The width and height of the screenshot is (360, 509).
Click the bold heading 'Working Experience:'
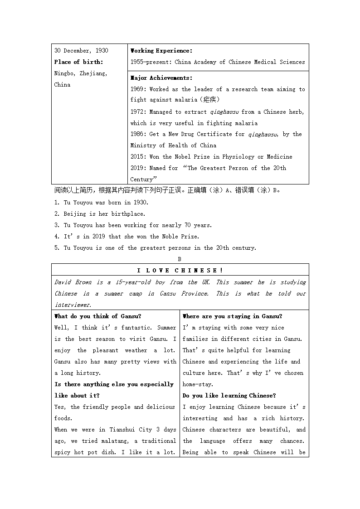pyautogui.click(x=161, y=51)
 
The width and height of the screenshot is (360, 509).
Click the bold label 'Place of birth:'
pyautogui.click(x=78, y=62)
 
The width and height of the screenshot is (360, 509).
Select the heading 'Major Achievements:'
pyautogui.click(x=161, y=78)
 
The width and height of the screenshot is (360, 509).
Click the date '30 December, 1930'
pyautogui.click(x=81, y=51)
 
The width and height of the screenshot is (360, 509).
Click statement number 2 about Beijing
pyautogui.click(x=100, y=214)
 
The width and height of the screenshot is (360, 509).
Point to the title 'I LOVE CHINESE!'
pyautogui.click(x=180, y=271)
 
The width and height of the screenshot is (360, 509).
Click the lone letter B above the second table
pyautogui.click(x=180, y=259)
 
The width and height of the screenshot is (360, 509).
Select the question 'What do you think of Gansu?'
pyautogui.click(x=97, y=316)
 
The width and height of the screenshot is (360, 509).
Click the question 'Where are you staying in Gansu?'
pyautogui.click(x=232, y=316)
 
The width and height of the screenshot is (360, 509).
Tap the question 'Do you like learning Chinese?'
pyautogui.click(x=229, y=396)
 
